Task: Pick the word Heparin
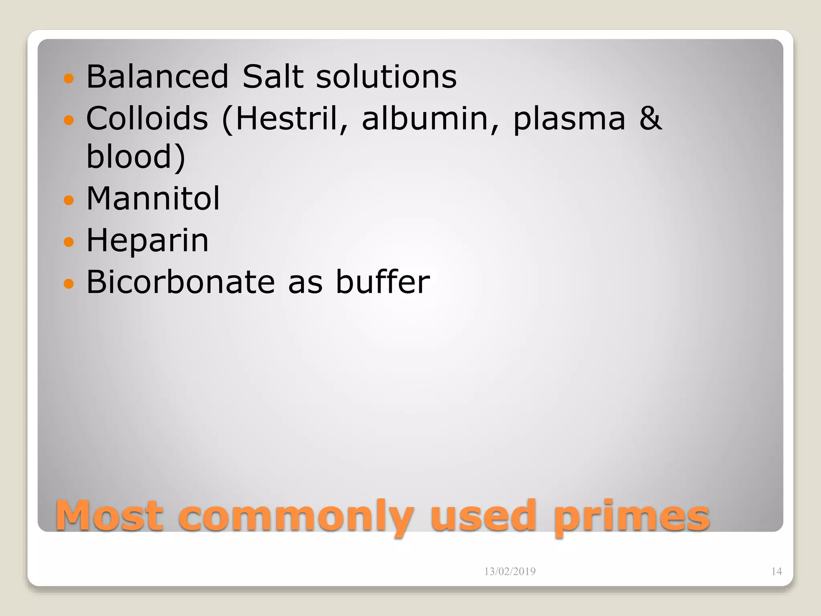pyautogui.click(x=148, y=241)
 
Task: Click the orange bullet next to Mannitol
pyautogui.click(x=69, y=200)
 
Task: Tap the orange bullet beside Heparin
pyautogui.click(x=69, y=241)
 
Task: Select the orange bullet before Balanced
pyautogui.click(x=69, y=78)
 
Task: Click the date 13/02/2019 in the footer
pyautogui.click(x=510, y=571)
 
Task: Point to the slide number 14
pyautogui.click(x=777, y=571)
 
